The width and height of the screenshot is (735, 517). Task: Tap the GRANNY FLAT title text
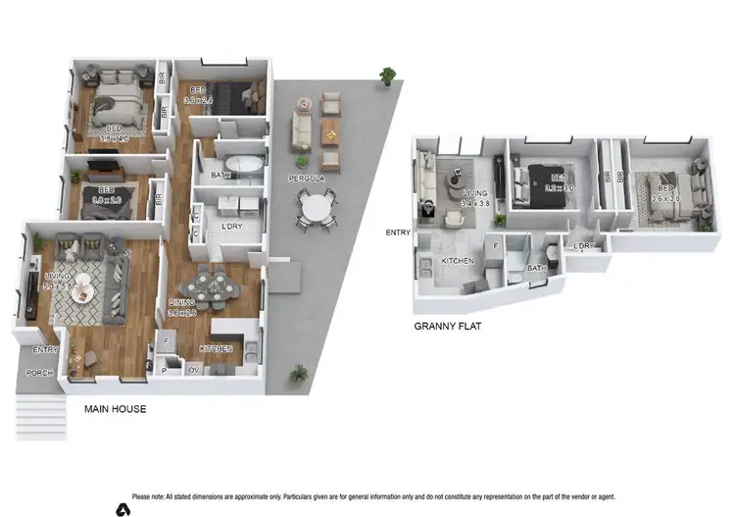(x=453, y=327)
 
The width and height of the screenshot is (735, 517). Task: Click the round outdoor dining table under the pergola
(x=317, y=209)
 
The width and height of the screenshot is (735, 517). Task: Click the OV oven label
(x=193, y=370)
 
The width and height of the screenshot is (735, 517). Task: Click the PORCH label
(x=38, y=372)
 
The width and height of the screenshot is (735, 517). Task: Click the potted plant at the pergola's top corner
(x=389, y=75)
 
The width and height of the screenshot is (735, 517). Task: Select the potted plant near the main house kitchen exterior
(x=299, y=374)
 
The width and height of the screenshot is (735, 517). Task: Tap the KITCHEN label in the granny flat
(x=457, y=261)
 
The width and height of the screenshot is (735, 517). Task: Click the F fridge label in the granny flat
(x=497, y=245)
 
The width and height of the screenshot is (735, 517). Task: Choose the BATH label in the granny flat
(x=534, y=268)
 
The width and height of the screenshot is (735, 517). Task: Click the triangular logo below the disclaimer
(x=122, y=509)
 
